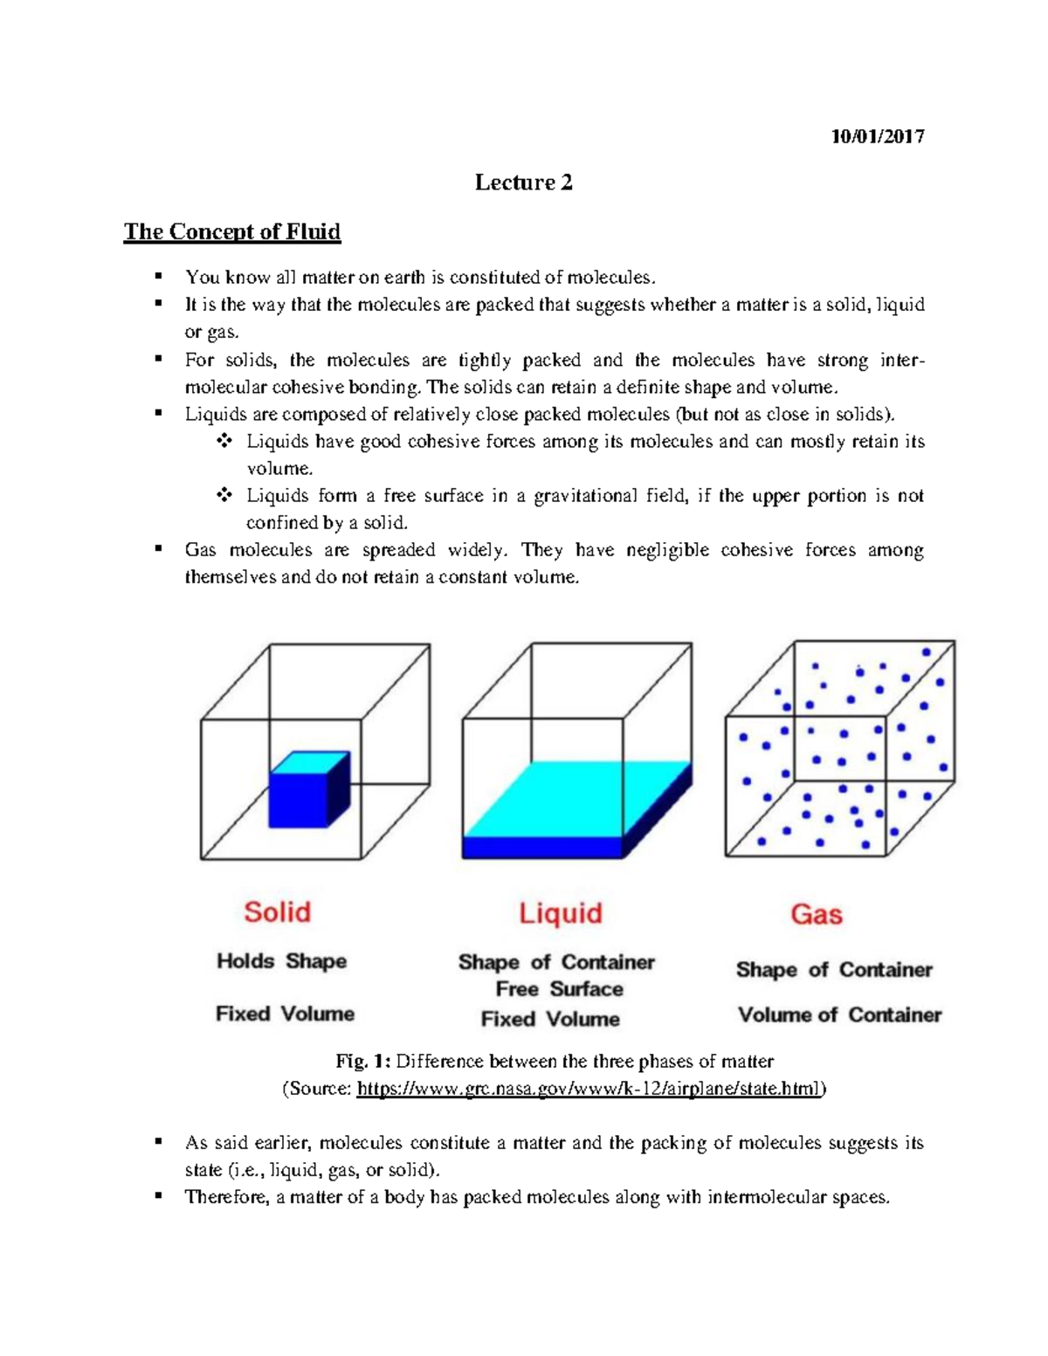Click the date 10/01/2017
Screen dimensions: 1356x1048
tap(877, 136)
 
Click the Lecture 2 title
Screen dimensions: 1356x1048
tap(523, 182)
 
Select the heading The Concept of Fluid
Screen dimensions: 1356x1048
tap(231, 231)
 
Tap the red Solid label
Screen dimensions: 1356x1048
tap(277, 912)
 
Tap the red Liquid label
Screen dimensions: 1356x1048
tap(560, 913)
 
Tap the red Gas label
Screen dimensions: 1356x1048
tap(816, 914)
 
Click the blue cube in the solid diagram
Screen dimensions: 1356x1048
tap(301, 795)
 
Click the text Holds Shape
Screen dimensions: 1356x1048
tap(281, 961)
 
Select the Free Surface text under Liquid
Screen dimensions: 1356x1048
tap(559, 989)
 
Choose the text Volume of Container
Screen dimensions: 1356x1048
tap(839, 1015)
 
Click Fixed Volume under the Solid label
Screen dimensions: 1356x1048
tap(285, 1014)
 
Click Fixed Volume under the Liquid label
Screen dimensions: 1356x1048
tap(550, 1019)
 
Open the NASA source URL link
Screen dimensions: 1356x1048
tap(589, 1089)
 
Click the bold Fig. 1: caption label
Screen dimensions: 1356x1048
tap(362, 1062)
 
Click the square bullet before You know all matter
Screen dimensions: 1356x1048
tap(158, 277)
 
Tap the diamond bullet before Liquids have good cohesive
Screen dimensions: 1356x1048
tap(224, 441)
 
